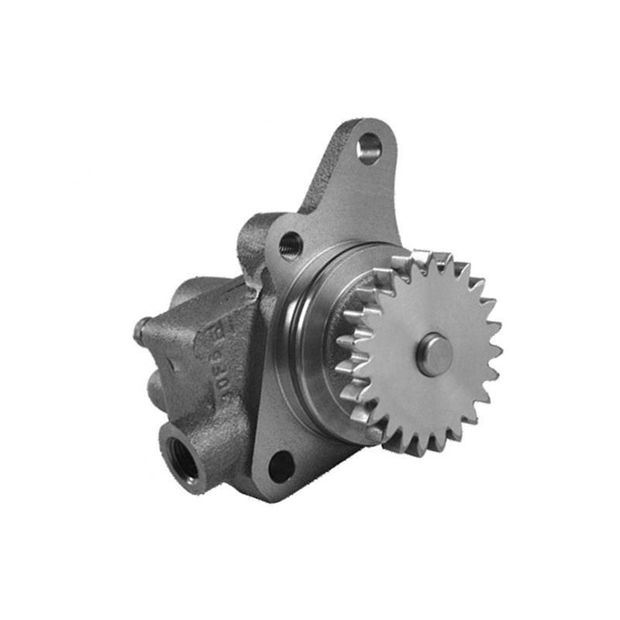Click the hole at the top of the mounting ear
(x=370, y=147)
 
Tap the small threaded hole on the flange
(x=291, y=244)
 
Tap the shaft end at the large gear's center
(x=435, y=354)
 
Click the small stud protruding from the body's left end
(x=140, y=330)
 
